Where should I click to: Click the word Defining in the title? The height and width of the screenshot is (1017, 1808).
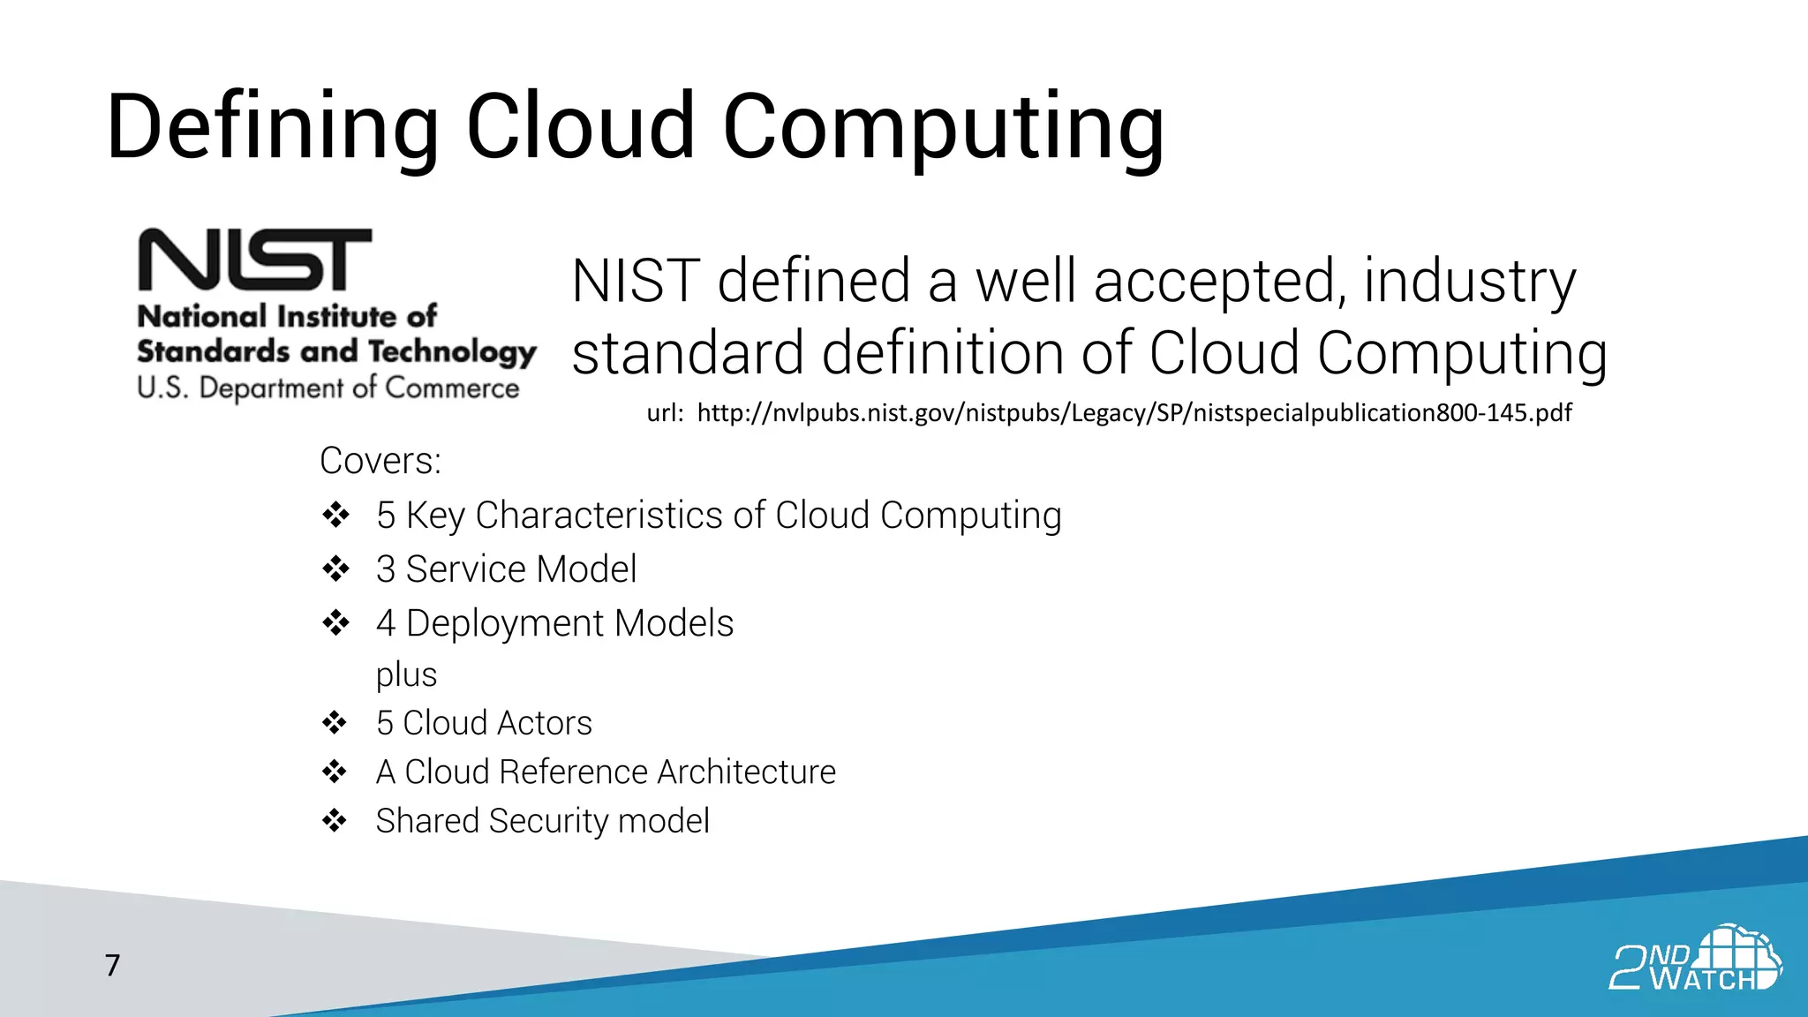272,128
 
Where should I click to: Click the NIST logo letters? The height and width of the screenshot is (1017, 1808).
255,260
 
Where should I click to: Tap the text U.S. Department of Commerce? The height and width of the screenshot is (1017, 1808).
328,388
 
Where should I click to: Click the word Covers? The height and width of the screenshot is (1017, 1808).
380,461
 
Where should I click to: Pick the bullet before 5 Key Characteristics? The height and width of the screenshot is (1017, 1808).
335,515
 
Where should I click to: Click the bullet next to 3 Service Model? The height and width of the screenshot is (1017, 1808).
335,569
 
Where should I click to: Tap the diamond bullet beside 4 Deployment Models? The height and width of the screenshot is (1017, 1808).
335,623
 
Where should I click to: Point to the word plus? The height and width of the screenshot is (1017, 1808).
406,675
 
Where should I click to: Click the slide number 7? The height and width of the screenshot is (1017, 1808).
112,966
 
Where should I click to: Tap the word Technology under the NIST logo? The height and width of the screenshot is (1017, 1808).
452,352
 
